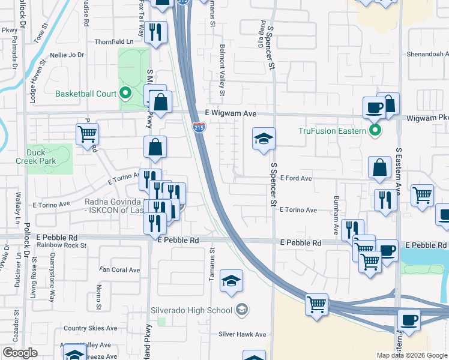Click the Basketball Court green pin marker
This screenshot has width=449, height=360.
click(x=125, y=93)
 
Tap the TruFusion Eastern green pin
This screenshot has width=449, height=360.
click(x=376, y=130)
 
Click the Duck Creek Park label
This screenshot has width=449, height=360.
click(x=41, y=157)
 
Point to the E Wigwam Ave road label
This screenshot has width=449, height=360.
click(x=231, y=113)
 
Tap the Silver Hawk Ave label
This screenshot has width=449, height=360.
click(x=242, y=334)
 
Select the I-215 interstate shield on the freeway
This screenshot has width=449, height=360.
click(x=199, y=126)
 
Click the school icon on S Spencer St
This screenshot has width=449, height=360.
click(x=264, y=139)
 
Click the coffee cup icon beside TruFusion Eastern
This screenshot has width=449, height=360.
click(x=374, y=108)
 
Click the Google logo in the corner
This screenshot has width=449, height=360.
click(x=20, y=353)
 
